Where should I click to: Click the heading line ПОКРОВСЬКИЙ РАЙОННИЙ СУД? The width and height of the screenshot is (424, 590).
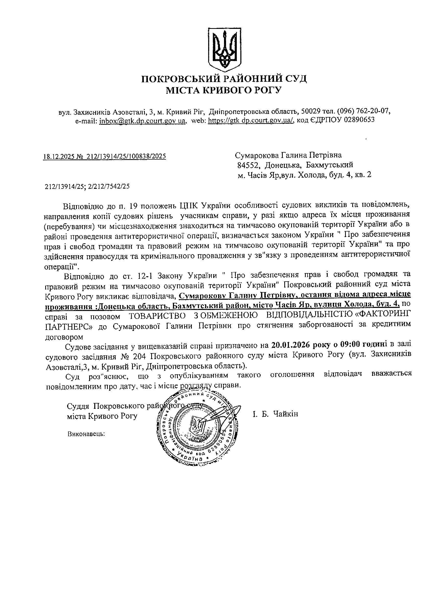click(x=224, y=78)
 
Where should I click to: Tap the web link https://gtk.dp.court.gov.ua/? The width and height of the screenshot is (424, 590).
click(x=251, y=120)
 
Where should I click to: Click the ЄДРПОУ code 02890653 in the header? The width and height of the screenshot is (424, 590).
click(x=359, y=120)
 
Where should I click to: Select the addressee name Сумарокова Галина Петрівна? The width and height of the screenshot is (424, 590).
click(x=288, y=155)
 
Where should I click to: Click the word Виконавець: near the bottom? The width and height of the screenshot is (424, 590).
click(x=86, y=434)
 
